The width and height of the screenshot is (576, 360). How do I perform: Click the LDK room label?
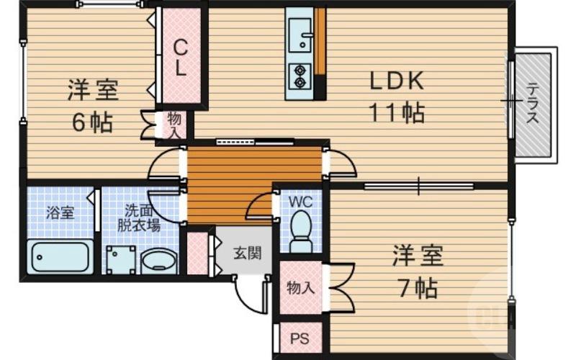(397, 81)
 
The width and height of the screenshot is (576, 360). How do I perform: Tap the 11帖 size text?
(397, 112)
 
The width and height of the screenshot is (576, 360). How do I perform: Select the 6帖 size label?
(92, 122)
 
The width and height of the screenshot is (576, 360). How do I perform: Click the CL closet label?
(180, 58)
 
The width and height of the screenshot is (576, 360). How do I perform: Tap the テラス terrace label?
(533, 102)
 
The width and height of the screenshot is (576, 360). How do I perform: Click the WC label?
(300, 202)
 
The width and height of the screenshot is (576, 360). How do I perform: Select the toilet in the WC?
(301, 231)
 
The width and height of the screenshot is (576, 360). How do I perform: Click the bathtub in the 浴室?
(60, 256)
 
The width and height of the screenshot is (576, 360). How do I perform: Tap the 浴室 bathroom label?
(60, 212)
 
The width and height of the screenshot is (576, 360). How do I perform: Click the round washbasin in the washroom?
(158, 261)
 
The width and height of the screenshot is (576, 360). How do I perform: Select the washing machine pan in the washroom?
(121, 260)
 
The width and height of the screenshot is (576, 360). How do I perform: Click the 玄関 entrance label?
(248, 253)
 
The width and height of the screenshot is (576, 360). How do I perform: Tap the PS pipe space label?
(300, 338)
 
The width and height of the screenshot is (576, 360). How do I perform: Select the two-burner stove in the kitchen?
(300, 76)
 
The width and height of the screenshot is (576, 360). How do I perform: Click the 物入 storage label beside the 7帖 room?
(301, 287)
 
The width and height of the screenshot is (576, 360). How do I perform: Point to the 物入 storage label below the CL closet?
(174, 125)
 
